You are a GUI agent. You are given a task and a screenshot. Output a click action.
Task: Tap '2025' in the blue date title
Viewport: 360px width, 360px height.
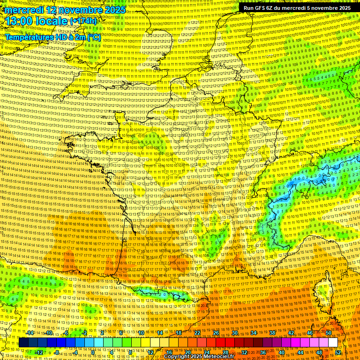(114, 10)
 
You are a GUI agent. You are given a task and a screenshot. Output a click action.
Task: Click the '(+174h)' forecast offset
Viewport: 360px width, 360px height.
(83, 21)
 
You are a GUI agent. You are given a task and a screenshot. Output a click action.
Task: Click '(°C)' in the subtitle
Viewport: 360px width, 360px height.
(93, 37)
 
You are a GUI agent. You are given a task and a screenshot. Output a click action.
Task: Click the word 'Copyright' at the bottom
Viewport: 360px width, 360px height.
(177, 357)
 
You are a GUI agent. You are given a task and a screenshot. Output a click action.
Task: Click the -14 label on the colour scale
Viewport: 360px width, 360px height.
(30, 333)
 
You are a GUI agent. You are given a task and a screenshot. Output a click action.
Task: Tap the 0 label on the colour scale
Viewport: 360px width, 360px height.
(93, 352)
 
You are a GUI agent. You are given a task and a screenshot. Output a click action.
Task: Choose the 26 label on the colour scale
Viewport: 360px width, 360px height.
(216, 333)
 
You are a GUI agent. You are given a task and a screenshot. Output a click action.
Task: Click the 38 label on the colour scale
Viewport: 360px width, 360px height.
(272, 333)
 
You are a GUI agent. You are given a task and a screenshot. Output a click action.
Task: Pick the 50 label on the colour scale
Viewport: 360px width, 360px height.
(328, 333)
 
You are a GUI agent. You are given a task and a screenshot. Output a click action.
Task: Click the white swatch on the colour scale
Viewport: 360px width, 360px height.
(333, 343)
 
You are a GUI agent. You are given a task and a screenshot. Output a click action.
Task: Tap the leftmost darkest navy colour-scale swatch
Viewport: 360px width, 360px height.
(23, 343)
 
